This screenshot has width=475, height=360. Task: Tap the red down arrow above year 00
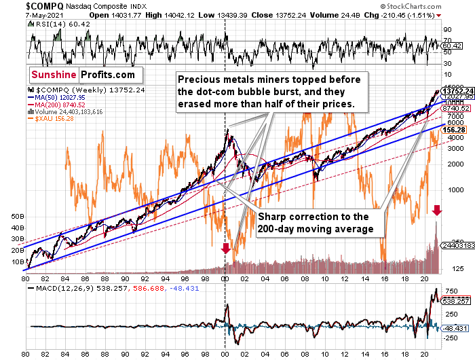click(225, 249)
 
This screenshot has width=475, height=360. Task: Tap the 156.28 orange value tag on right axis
click(453, 128)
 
